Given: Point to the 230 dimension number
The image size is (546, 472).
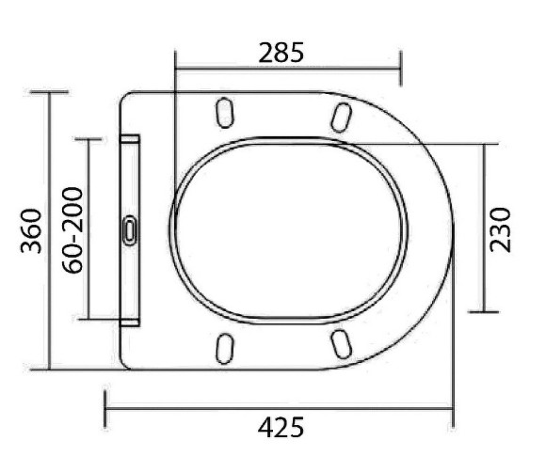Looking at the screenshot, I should (501, 228).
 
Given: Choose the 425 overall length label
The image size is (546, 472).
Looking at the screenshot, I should (281, 427).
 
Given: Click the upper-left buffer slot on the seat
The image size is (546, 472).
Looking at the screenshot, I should (224, 113).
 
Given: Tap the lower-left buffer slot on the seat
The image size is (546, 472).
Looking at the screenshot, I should (224, 347).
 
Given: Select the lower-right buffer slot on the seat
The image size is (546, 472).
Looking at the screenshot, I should (342, 345).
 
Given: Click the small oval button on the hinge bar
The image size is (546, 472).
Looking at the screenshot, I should (130, 229).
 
